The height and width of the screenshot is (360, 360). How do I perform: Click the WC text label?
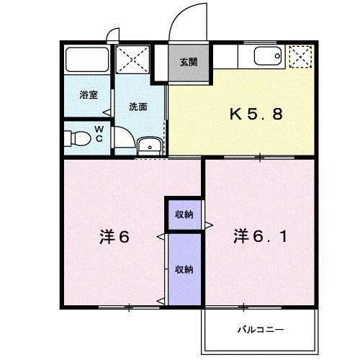point(99,134)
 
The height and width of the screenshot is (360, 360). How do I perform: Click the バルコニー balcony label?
point(260,330)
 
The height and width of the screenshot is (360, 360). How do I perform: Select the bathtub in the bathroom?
point(86,60)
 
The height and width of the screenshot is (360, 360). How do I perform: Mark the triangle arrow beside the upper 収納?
point(207,225)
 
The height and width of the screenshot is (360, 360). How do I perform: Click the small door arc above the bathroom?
point(112,34)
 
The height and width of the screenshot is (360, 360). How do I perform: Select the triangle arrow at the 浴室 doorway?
point(107,112)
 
